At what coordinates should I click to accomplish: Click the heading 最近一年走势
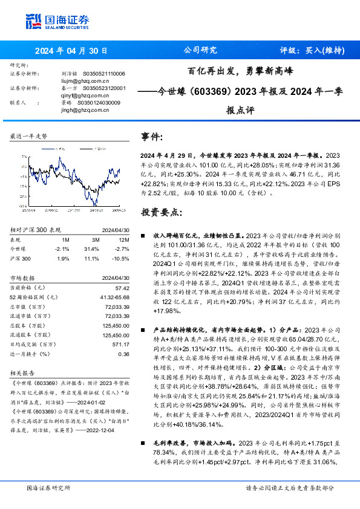point(28,137)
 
